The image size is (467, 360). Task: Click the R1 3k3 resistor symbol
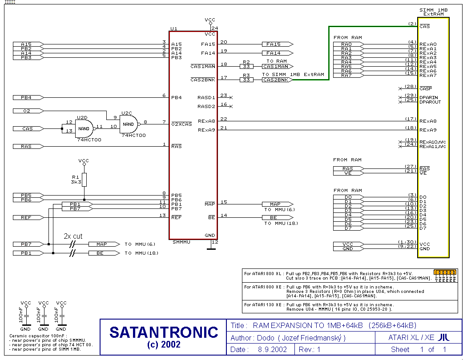84,180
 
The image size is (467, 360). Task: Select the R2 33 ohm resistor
246,66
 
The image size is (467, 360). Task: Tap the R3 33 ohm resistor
246,80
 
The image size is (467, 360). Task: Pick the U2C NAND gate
128,124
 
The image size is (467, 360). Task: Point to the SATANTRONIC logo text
164,332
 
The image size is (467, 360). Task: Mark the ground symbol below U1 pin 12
211,249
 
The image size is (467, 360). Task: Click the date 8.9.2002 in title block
273,349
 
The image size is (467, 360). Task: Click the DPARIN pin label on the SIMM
428,97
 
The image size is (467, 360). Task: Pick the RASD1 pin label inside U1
206,97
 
